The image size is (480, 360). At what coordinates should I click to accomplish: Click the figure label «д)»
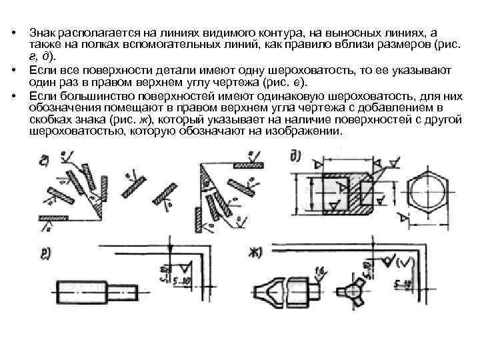[x=295, y=157]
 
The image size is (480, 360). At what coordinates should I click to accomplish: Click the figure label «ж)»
[x=255, y=253]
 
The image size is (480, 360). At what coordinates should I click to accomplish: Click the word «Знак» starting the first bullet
[x=44, y=31]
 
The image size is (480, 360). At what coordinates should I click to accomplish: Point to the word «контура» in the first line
[x=260, y=31]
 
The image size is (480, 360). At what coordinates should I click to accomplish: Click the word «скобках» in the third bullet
[x=51, y=120]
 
